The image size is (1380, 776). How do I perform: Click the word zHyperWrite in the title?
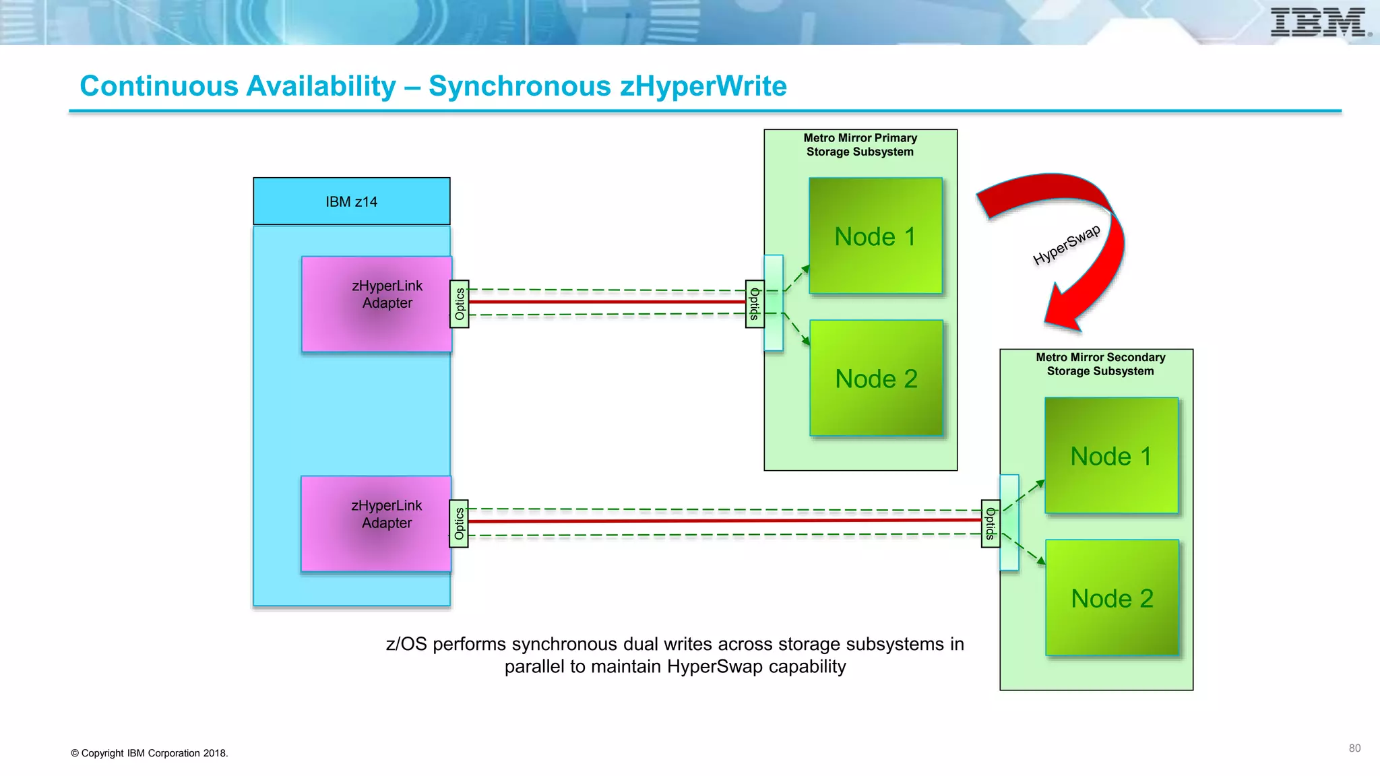click(703, 86)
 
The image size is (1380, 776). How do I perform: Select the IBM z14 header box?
click(351, 201)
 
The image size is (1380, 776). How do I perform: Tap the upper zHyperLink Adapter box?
click(376, 304)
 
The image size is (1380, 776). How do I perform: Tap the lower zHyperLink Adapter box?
click(375, 523)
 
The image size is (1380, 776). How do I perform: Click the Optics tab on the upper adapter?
click(460, 304)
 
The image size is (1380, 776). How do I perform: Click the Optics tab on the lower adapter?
click(459, 523)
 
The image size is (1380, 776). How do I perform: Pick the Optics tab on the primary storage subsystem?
click(755, 304)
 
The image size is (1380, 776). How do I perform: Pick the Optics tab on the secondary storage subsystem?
click(991, 523)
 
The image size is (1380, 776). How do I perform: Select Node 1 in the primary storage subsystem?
click(875, 236)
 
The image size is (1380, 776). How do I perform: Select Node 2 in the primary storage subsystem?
click(876, 378)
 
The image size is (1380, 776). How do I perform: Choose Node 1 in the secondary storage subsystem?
click(1111, 455)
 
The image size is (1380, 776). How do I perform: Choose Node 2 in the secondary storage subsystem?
click(1112, 597)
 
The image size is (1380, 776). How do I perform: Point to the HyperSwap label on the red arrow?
click(1067, 245)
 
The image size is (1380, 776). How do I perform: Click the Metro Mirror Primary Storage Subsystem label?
click(860, 145)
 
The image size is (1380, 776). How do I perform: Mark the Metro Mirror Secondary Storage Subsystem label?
click(1100, 364)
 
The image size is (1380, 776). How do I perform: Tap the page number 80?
click(1354, 748)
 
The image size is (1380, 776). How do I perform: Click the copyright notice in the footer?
click(149, 753)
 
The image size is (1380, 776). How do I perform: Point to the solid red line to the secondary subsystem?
click(724, 521)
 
